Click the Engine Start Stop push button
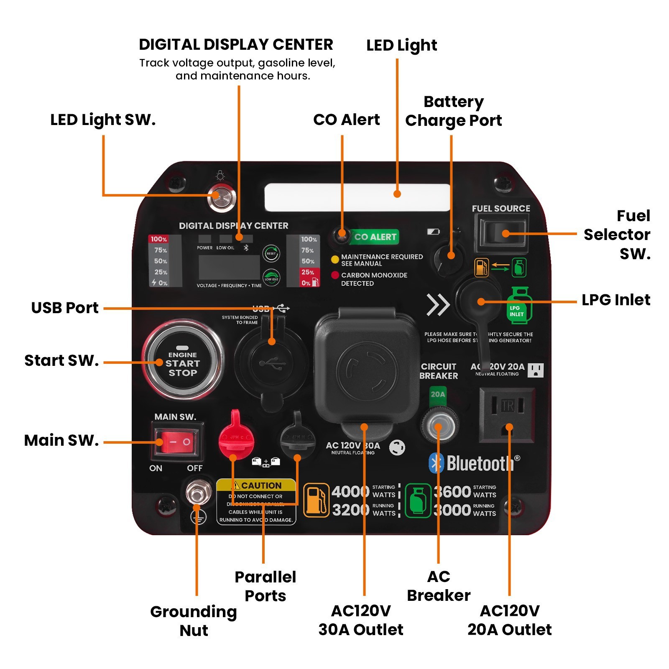[183, 363]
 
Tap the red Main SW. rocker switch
[175, 442]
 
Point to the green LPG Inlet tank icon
[518, 306]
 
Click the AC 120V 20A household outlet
[507, 415]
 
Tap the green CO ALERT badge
[374, 237]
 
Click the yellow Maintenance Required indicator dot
[335, 259]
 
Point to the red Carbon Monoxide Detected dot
[335, 275]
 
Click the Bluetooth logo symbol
[436, 463]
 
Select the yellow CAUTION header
[256, 485]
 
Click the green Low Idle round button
[271, 277]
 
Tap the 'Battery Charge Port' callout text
[453, 111]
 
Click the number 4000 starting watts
[350, 492]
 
